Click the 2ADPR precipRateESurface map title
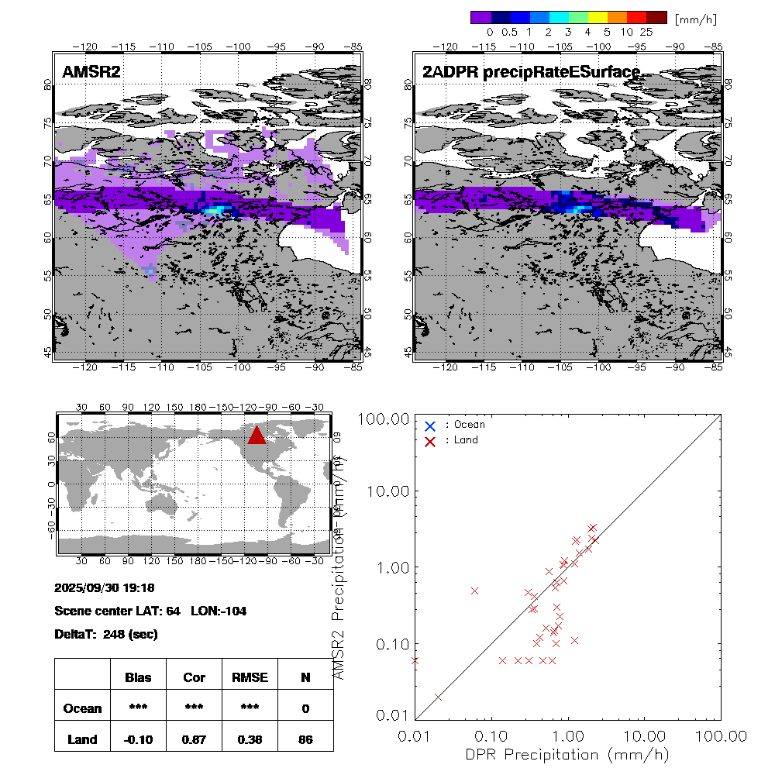point(531,72)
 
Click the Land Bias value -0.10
point(138,739)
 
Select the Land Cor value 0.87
point(194,739)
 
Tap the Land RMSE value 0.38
point(250,739)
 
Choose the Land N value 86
point(305,739)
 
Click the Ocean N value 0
point(305,708)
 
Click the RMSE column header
point(250,677)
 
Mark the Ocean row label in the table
point(82,708)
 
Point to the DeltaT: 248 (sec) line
point(106,634)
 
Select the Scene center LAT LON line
point(150,611)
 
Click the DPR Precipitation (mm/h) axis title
point(567,754)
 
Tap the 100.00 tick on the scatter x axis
point(721,735)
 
